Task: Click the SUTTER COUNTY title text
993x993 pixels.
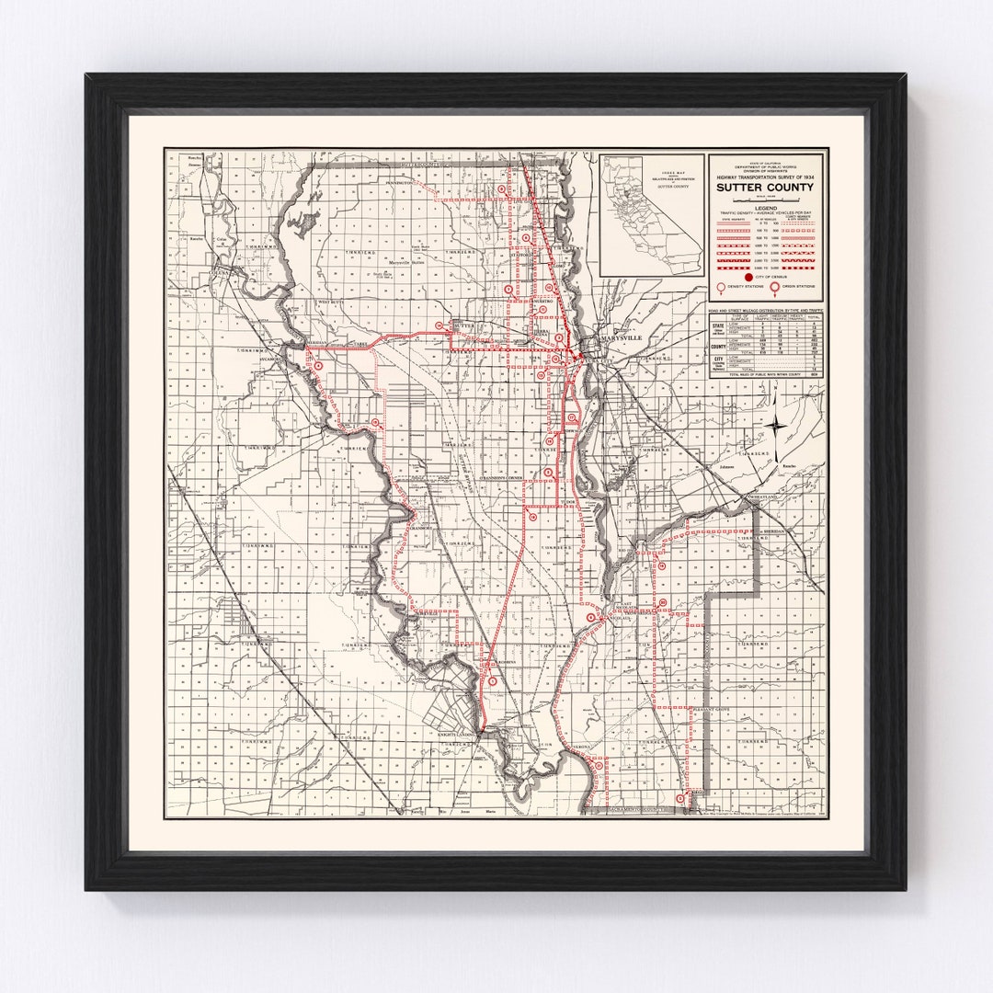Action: click(766, 188)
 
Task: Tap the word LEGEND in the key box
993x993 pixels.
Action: click(766, 208)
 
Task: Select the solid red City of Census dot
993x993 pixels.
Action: click(748, 277)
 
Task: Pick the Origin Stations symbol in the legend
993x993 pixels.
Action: click(774, 287)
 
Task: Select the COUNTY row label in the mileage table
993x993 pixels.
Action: click(718, 347)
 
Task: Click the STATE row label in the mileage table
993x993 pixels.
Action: click(718, 325)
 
